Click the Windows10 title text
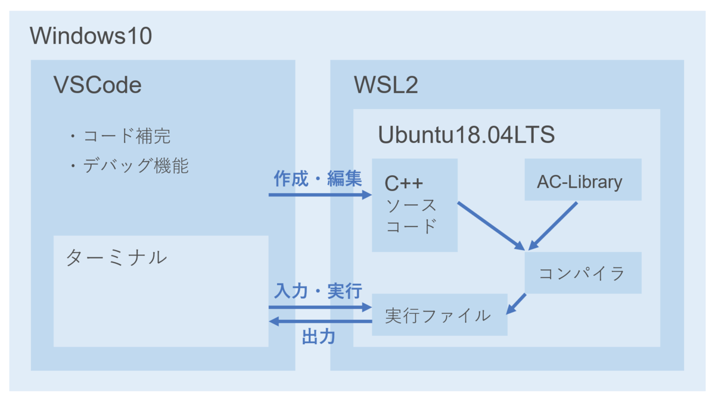(x=91, y=36)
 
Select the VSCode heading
(x=98, y=85)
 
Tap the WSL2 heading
(x=386, y=85)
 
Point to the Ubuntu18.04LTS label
(x=466, y=135)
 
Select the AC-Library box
(x=582, y=180)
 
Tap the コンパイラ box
(x=582, y=273)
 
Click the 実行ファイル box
(x=439, y=314)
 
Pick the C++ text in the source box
(x=403, y=183)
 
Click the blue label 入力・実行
(x=318, y=291)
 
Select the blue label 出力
(x=319, y=337)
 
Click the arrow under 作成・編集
(x=319, y=194)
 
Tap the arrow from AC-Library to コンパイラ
(x=554, y=225)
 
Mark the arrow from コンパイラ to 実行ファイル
(x=516, y=304)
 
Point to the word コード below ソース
(x=412, y=227)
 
